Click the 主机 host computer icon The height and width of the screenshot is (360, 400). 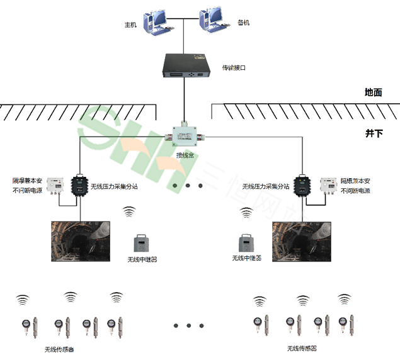[x=155, y=22]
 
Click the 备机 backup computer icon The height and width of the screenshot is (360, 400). [x=212, y=22]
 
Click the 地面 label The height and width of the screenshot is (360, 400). [x=373, y=93]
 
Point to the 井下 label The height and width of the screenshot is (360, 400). [x=373, y=133]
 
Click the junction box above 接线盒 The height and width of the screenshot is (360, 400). [x=184, y=135]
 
